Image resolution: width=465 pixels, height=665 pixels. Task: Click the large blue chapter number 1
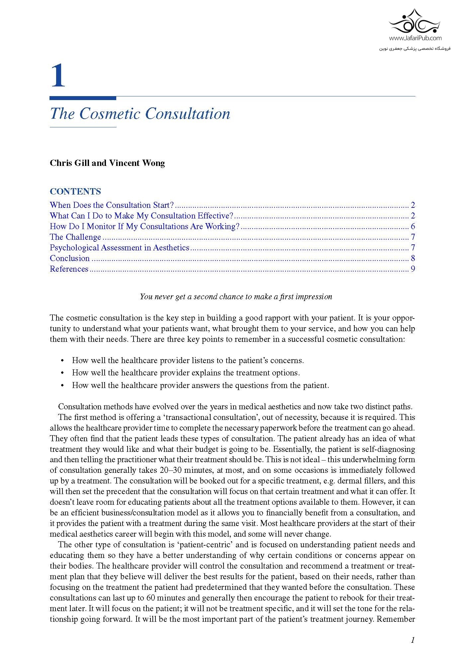coord(58,76)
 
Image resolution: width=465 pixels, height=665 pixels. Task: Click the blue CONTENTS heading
coord(75,192)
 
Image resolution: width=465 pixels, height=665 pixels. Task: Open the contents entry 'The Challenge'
coord(75,237)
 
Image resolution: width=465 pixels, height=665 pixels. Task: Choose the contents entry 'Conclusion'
coord(70,258)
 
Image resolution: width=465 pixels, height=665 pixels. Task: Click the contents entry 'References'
coord(69,269)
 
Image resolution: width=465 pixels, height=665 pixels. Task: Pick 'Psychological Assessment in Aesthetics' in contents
coord(120,248)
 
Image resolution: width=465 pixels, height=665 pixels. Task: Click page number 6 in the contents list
coord(413,226)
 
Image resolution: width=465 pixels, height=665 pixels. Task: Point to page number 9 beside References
coord(413,269)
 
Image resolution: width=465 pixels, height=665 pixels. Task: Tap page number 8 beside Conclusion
coord(413,258)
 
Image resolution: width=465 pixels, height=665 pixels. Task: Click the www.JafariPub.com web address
coord(415,38)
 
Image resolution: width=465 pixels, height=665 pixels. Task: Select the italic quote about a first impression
coord(236,297)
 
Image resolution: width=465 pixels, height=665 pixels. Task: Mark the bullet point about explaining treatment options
coord(186,373)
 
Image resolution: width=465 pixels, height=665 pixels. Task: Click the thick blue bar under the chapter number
coord(83,98)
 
